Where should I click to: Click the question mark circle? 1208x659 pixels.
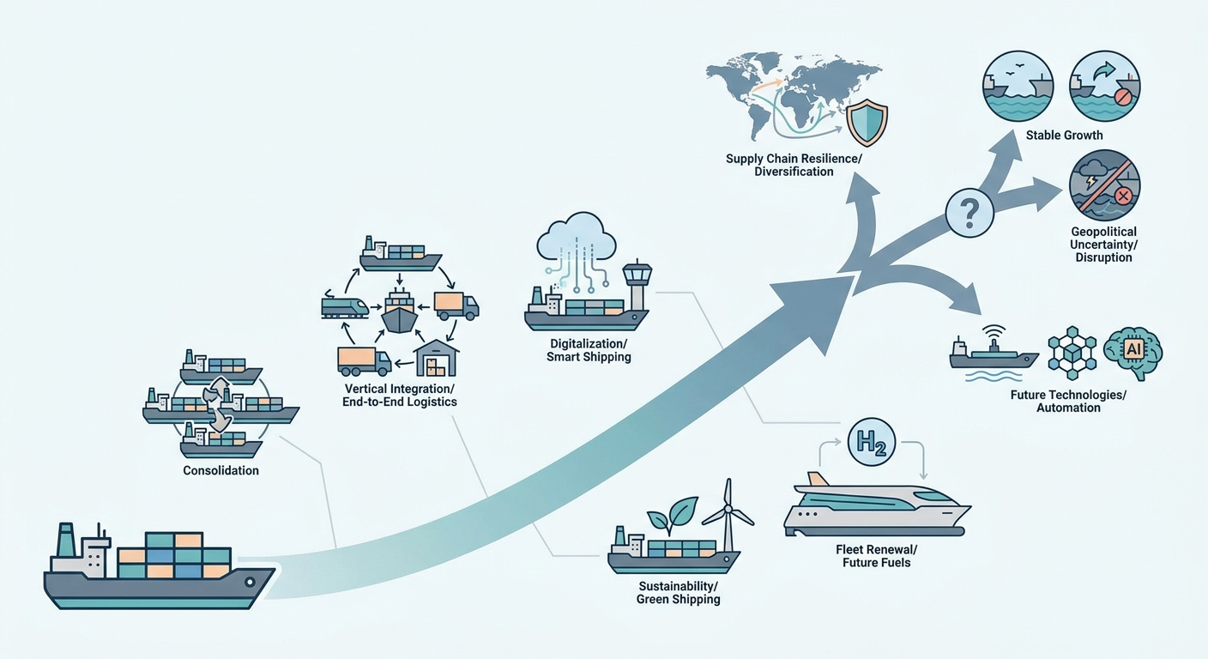pos(969,213)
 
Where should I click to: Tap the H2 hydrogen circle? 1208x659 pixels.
pos(871,442)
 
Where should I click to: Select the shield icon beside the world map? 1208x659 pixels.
pos(867,122)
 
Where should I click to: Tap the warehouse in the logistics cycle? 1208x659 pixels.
pos(436,358)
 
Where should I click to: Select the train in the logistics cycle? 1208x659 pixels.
pos(345,304)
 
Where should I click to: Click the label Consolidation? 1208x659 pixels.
pos(220,470)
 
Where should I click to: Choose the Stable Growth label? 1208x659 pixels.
pos(1064,136)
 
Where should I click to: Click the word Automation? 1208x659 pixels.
pos(1068,408)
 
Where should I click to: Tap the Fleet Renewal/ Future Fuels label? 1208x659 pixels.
pos(876,556)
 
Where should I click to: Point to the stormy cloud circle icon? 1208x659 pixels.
pos(1104,185)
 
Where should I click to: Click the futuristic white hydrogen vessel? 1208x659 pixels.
pos(877,505)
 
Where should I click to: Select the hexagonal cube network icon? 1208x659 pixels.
pos(1072,354)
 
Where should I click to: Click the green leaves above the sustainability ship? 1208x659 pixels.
pos(672,513)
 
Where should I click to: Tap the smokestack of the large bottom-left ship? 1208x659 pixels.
pos(65,539)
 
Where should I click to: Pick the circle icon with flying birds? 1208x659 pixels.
pos(1018,87)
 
